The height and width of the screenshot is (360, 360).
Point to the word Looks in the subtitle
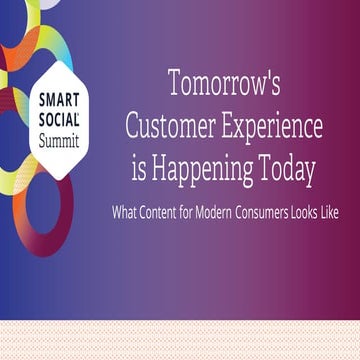pos(304,213)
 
